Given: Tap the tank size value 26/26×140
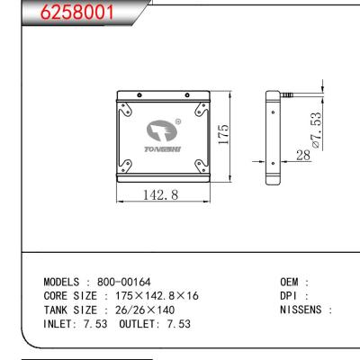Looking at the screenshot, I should point(143,309).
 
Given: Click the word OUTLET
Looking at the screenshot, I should point(138,323).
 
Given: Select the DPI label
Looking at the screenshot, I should point(291,295).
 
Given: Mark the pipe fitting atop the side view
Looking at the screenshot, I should point(288,94).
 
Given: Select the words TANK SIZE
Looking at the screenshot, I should point(68,309).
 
